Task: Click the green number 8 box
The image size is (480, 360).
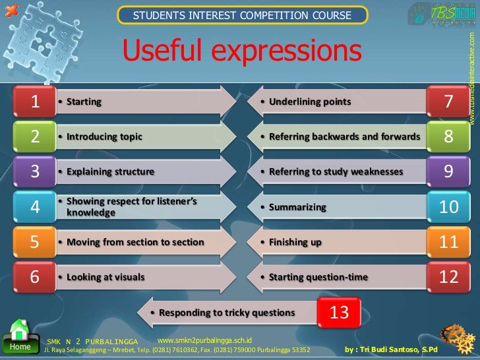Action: (448, 136)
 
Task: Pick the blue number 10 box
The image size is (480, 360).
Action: (448, 207)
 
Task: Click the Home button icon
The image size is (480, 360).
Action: (20, 336)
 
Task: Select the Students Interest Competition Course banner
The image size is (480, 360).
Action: (242, 15)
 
